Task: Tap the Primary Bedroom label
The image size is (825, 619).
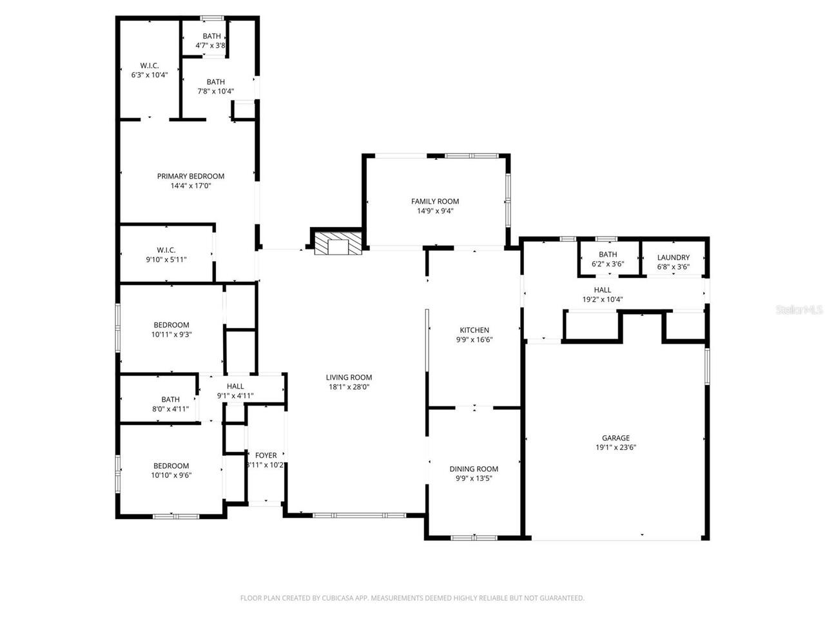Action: (191, 176)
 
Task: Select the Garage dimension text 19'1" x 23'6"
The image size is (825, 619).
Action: (616, 447)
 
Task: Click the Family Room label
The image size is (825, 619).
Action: (435, 201)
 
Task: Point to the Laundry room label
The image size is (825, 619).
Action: (673, 257)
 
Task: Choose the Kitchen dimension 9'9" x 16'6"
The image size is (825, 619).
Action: (474, 340)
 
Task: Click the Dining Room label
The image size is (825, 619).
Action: (474, 469)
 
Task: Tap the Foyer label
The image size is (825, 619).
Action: (266, 455)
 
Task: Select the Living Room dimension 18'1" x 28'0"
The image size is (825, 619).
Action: (349, 388)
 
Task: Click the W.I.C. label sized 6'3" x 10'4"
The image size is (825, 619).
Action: (150, 66)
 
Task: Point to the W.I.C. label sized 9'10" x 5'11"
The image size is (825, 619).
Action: (166, 250)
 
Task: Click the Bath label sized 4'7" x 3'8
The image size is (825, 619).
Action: (211, 36)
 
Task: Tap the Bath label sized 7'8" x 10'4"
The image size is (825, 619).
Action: (215, 82)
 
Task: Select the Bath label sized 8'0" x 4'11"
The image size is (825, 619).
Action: (170, 399)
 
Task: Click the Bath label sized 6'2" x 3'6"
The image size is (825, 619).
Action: (608, 255)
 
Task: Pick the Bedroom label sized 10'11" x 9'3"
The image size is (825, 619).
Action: (171, 325)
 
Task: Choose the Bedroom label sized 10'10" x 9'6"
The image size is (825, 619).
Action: (171, 466)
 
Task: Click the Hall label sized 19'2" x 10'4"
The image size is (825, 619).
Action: (602, 290)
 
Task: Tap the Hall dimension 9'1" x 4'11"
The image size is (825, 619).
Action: (235, 396)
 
